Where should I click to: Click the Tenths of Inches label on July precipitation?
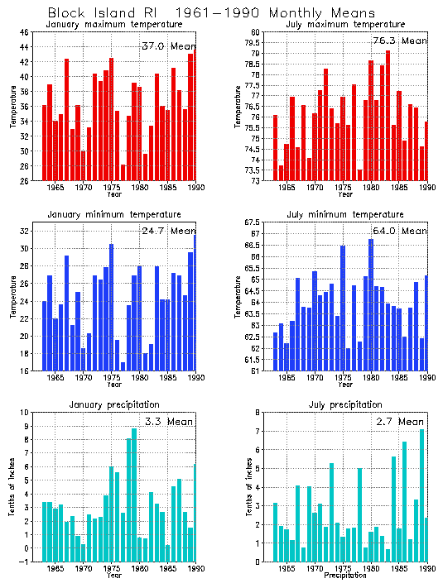tap(246, 486)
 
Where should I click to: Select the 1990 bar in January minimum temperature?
tap(195, 303)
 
